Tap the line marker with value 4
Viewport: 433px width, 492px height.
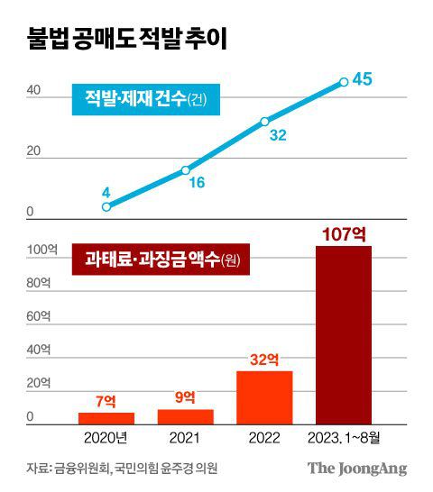(106, 206)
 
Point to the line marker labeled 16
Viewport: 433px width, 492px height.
(186, 169)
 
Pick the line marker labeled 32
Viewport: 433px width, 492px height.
(264, 121)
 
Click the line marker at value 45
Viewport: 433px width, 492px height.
(344, 82)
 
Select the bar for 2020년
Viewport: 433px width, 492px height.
(106, 418)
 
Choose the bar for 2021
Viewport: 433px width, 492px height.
(186, 416)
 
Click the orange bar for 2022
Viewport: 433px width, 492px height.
(264, 396)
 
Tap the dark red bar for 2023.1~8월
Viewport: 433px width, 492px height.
(344, 334)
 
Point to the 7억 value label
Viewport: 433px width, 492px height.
(106, 400)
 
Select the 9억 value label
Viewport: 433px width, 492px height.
(186, 397)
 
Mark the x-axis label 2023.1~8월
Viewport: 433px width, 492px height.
(344, 439)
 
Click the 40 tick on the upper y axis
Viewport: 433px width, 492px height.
(32, 90)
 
